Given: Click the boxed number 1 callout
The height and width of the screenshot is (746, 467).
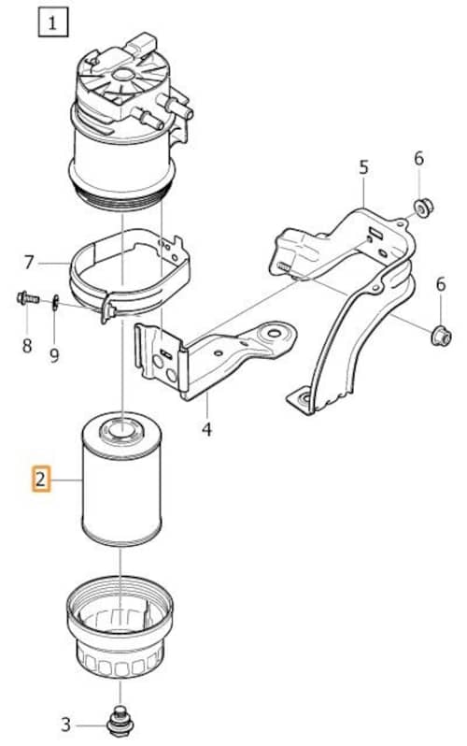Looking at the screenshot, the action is (53, 22).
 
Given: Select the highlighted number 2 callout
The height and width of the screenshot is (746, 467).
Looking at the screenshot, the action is (41, 478).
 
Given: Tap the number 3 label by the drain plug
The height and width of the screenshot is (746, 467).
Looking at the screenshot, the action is (66, 724).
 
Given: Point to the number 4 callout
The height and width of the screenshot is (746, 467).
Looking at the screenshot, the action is (206, 429).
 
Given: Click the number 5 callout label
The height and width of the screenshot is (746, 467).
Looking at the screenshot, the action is (364, 167).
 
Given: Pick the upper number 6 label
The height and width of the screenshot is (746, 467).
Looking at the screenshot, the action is (418, 158).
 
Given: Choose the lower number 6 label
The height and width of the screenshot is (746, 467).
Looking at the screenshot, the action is (441, 284).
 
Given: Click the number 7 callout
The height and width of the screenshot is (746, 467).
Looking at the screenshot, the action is (29, 262).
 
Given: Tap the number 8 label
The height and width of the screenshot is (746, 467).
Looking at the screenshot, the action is (27, 346).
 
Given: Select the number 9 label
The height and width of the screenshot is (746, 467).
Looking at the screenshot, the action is (55, 354).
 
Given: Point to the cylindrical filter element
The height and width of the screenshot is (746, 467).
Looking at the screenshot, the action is (121, 478).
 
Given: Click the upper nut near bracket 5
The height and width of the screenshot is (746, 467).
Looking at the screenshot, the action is (423, 207).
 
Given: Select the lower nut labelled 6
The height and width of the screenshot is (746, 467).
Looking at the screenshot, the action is (441, 336).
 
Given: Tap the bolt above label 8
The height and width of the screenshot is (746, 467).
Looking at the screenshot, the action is (28, 299).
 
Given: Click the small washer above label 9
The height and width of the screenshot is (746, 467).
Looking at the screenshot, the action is (55, 302).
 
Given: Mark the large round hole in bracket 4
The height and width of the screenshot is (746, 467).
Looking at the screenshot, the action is (274, 333).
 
